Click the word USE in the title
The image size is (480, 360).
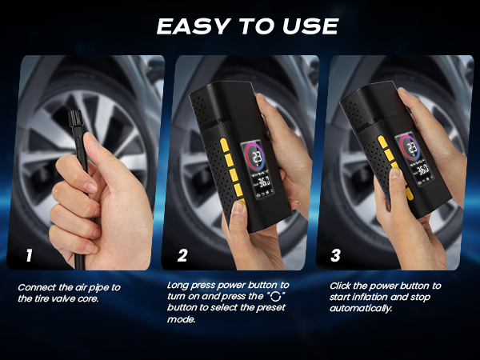point(308,26)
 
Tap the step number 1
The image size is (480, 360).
point(29,256)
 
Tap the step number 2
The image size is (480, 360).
point(182,256)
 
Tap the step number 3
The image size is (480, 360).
point(335,256)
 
